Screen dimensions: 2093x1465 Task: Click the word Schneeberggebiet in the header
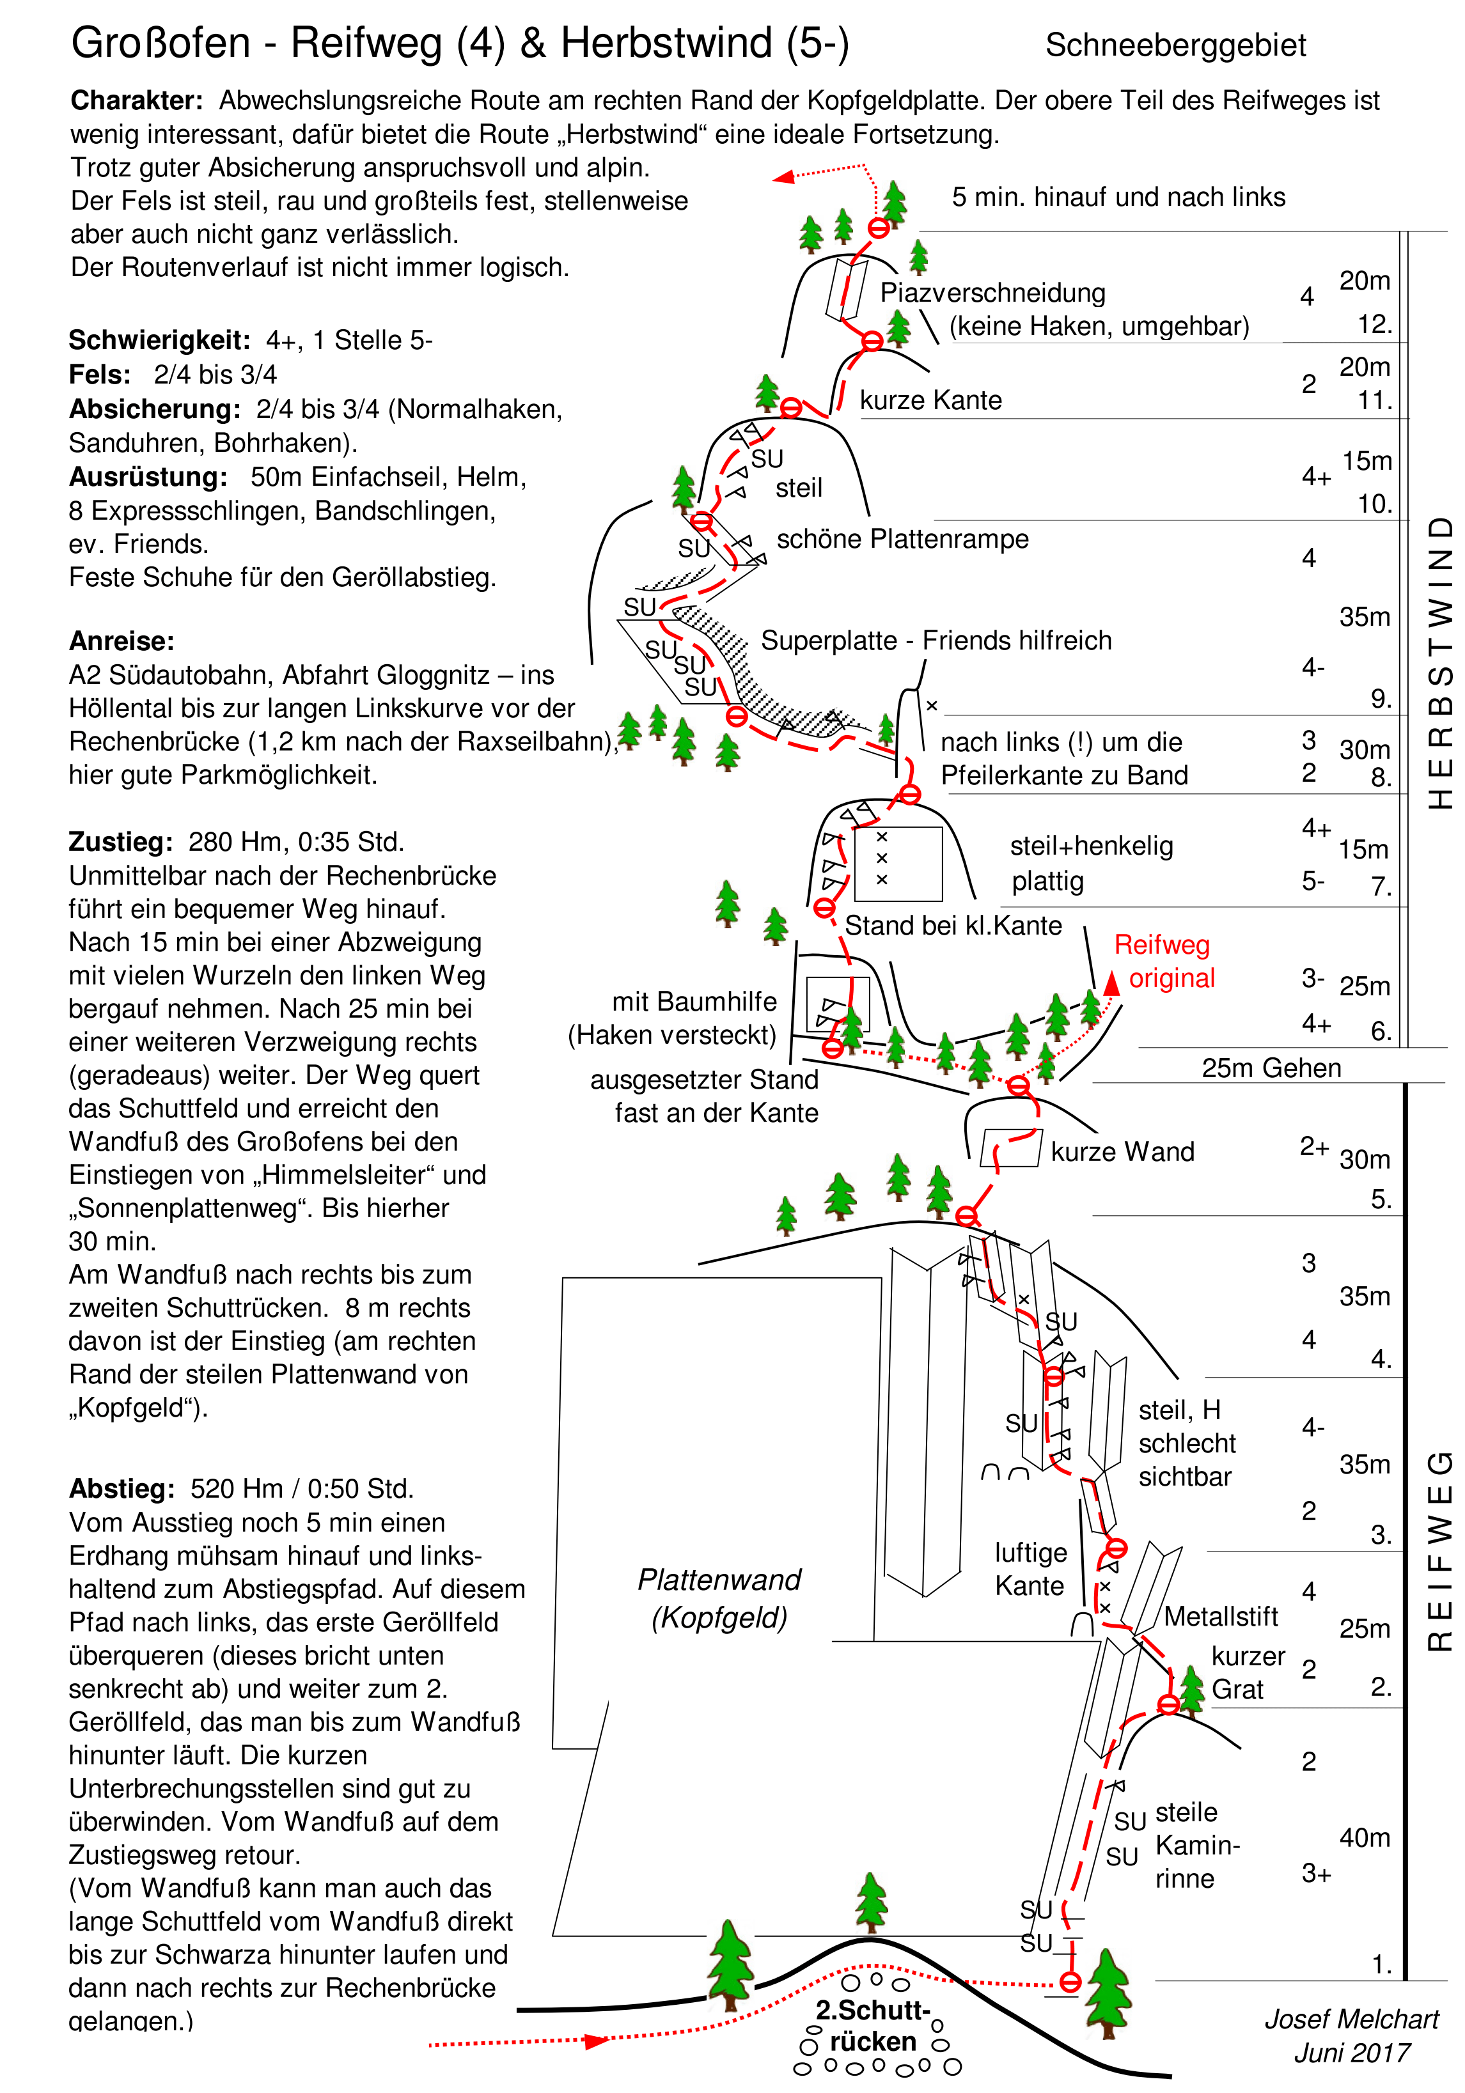point(1175,45)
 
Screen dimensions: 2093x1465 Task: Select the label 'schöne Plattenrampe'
point(902,539)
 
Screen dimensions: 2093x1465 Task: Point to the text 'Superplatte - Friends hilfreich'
point(936,641)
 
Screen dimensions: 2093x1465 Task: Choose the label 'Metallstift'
point(1221,1616)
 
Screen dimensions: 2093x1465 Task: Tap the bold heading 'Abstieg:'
point(121,1489)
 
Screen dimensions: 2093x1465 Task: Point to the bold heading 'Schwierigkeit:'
point(159,340)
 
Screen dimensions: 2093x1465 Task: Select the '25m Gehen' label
point(1271,1068)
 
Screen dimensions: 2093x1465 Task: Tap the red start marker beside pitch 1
point(1070,1982)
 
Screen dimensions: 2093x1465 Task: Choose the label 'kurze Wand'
point(1122,1152)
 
